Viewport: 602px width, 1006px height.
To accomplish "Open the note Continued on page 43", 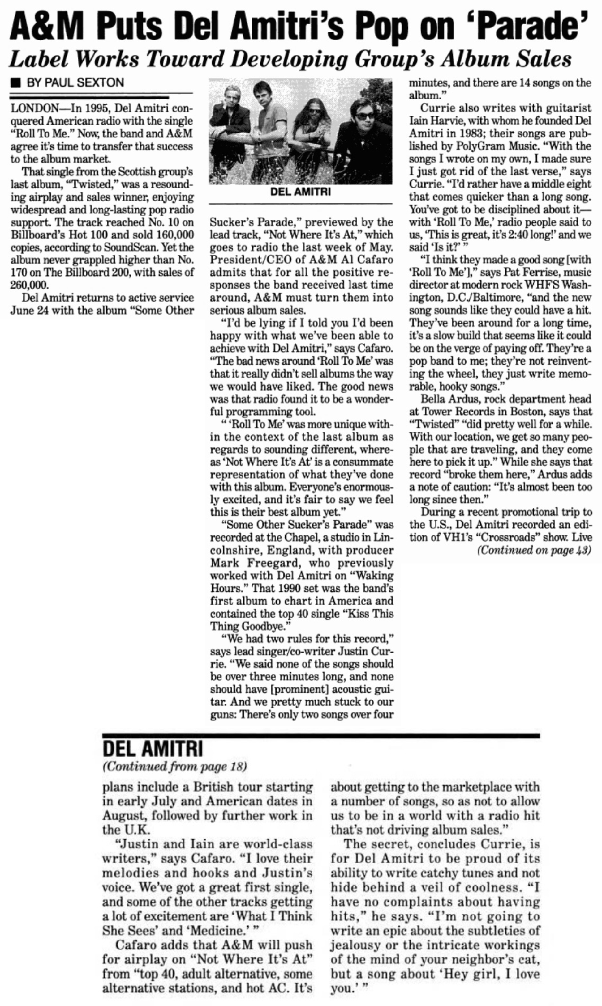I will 534,550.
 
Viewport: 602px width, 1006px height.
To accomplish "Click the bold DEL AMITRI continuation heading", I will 153,750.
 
